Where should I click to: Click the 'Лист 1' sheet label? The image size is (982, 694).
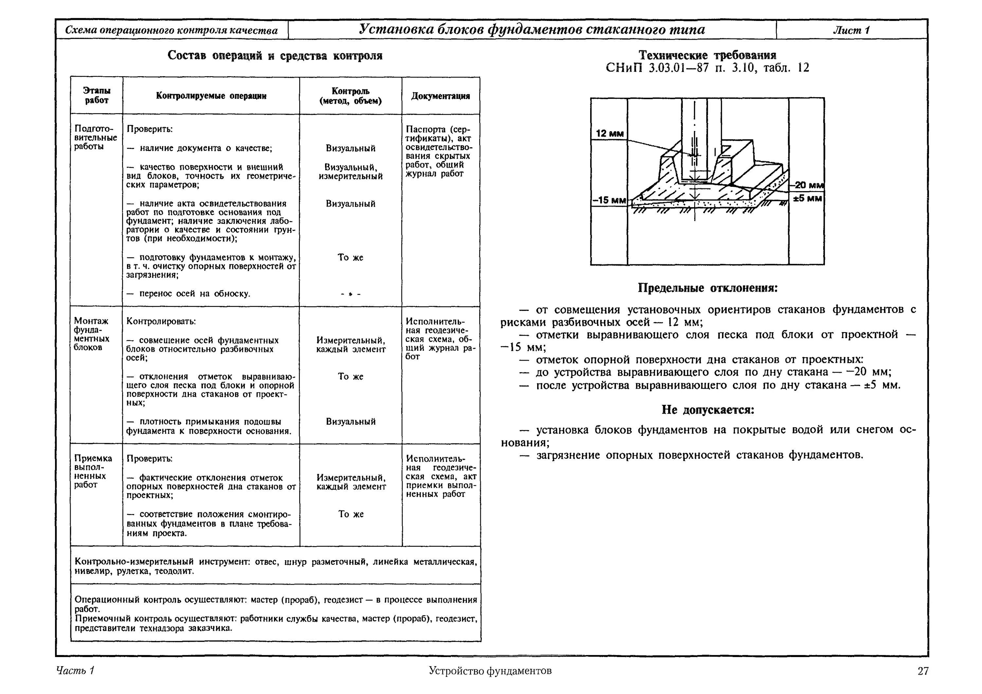pyautogui.click(x=851, y=30)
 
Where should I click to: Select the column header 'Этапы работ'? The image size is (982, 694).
pyautogui.click(x=97, y=95)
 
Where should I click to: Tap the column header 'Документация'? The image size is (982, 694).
pyautogui.click(x=441, y=96)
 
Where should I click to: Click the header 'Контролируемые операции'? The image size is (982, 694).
pyautogui.click(x=211, y=96)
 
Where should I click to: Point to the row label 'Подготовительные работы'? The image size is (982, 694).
pyautogui.click(x=95, y=137)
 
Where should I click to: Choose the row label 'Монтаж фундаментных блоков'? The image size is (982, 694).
pyautogui.click(x=92, y=334)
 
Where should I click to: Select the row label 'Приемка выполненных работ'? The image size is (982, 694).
pyautogui.click(x=93, y=471)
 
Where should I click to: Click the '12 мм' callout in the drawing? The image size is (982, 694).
pyautogui.click(x=609, y=133)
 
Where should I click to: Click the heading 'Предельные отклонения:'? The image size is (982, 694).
pyautogui.click(x=707, y=288)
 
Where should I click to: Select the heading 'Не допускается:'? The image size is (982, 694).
pyautogui.click(x=708, y=410)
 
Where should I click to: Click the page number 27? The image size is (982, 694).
pyautogui.click(x=923, y=670)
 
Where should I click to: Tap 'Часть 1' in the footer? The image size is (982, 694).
pyautogui.click(x=75, y=670)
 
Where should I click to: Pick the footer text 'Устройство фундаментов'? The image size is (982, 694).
pyautogui.click(x=490, y=670)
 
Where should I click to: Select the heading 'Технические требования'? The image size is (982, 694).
pyautogui.click(x=707, y=55)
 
